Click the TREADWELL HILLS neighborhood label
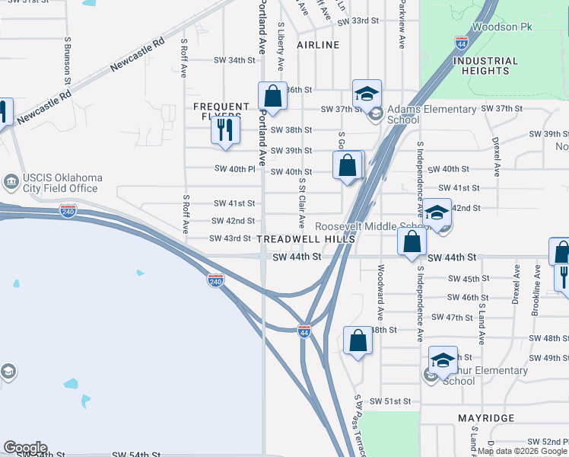(x=306, y=239)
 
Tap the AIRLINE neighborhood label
(x=318, y=45)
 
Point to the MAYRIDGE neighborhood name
(x=486, y=418)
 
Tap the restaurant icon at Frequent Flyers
(x=224, y=130)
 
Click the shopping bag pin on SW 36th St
(x=272, y=97)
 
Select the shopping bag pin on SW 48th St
(x=358, y=340)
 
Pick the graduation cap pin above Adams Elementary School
(x=367, y=94)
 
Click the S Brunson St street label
(x=68, y=59)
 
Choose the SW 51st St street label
(x=390, y=401)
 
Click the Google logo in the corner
(x=25, y=448)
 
